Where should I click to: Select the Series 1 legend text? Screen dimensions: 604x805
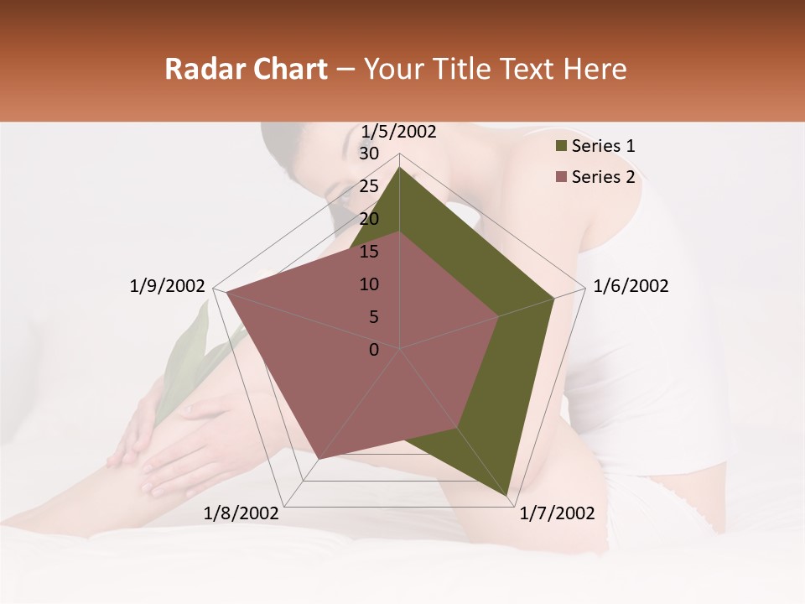pyautogui.click(x=603, y=146)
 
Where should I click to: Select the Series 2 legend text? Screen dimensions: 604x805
pyautogui.click(x=603, y=177)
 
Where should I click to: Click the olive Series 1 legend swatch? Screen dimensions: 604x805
pyautogui.click(x=561, y=147)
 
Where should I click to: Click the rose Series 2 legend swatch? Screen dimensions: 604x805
pyautogui.click(x=561, y=177)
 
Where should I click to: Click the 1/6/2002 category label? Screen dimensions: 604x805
pyautogui.click(x=631, y=286)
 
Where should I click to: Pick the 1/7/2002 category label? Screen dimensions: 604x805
pyautogui.click(x=557, y=513)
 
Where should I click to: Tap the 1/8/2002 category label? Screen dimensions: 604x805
pyautogui.click(x=241, y=513)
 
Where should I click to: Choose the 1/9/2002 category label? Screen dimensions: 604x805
pyautogui.click(x=168, y=286)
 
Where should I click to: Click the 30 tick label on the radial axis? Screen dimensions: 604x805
pyautogui.click(x=369, y=154)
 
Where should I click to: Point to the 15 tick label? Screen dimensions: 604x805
pyautogui.click(x=369, y=252)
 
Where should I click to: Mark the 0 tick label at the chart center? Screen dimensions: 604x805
pyautogui.click(x=374, y=350)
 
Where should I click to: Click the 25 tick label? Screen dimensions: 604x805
pyautogui.click(x=369, y=186)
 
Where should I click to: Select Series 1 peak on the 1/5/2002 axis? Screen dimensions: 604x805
pyautogui.click(x=399, y=168)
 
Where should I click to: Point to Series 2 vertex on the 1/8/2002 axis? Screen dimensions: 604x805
pyautogui.click(x=319, y=459)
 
